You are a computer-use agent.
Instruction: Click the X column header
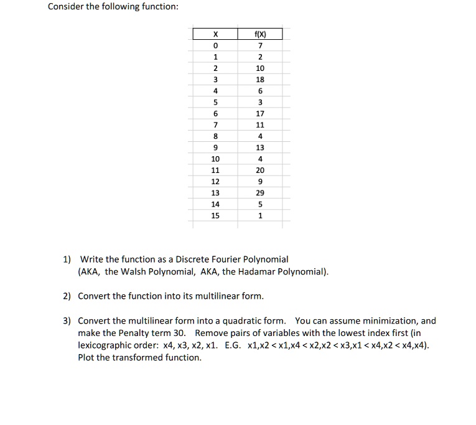(215, 34)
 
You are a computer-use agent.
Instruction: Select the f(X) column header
(260, 34)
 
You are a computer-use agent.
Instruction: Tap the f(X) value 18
(260, 80)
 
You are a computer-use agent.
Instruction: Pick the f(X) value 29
(260, 193)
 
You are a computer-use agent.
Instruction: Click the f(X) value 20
(260, 170)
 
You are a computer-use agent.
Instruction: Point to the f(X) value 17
(260, 114)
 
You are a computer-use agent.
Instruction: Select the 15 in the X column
(215, 215)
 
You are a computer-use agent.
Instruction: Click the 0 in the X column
(215, 45)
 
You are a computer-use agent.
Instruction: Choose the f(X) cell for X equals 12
(260, 181)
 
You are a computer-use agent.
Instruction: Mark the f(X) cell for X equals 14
(260, 204)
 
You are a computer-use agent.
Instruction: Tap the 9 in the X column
(215, 147)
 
